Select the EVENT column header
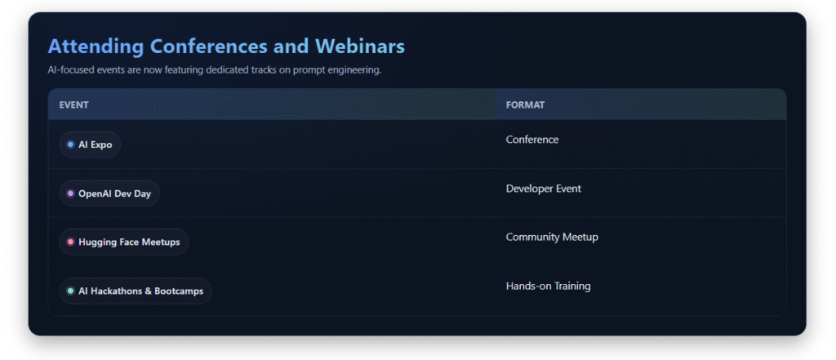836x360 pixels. coord(73,105)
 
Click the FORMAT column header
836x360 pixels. coord(525,105)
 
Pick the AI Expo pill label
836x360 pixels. coord(90,144)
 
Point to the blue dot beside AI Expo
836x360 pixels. coord(70,144)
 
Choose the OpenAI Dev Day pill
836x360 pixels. coord(109,193)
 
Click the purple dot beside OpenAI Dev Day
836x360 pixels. coord(70,193)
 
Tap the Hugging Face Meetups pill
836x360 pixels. coord(124,242)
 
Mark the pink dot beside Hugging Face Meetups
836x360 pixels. coord(70,242)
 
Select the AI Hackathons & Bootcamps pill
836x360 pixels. coord(136,291)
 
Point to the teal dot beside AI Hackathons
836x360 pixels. coord(70,291)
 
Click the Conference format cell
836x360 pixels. coord(532,140)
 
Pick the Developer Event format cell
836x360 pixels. coord(543,189)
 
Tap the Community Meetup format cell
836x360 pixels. coord(552,238)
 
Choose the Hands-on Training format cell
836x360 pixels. coord(548,287)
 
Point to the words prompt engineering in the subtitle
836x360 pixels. coord(336,70)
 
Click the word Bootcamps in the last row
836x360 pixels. coord(179,291)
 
